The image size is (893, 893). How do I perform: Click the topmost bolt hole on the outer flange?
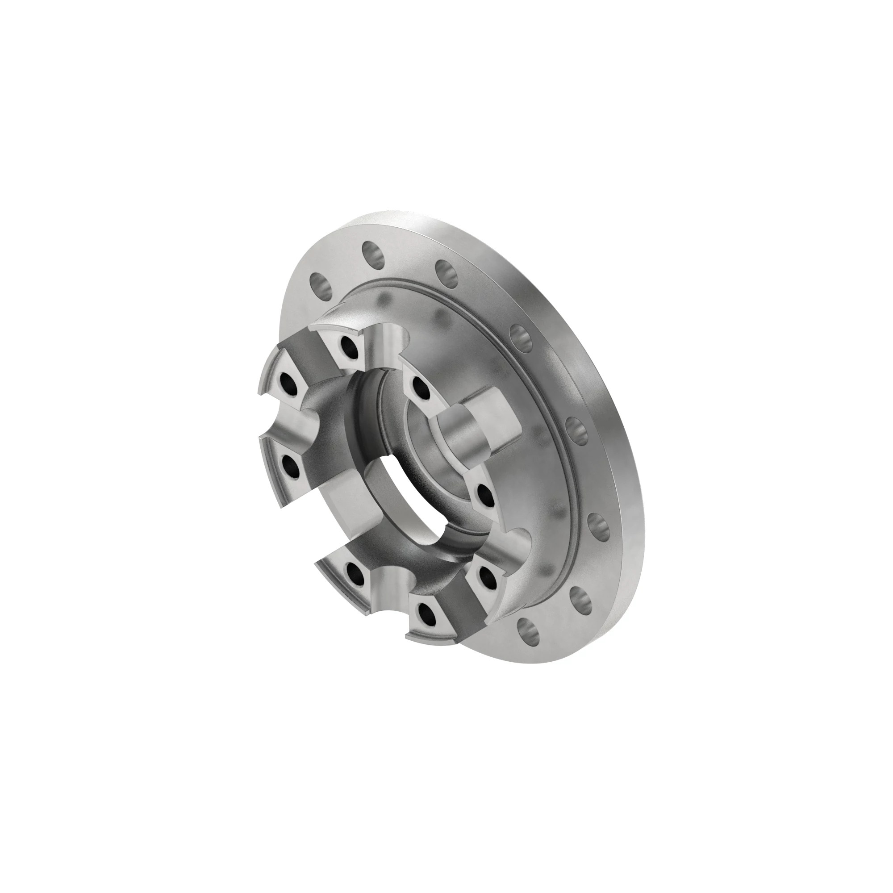(373, 254)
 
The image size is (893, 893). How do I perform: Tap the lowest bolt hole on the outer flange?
(527, 630)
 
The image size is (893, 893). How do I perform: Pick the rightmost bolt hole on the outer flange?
(600, 527)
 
